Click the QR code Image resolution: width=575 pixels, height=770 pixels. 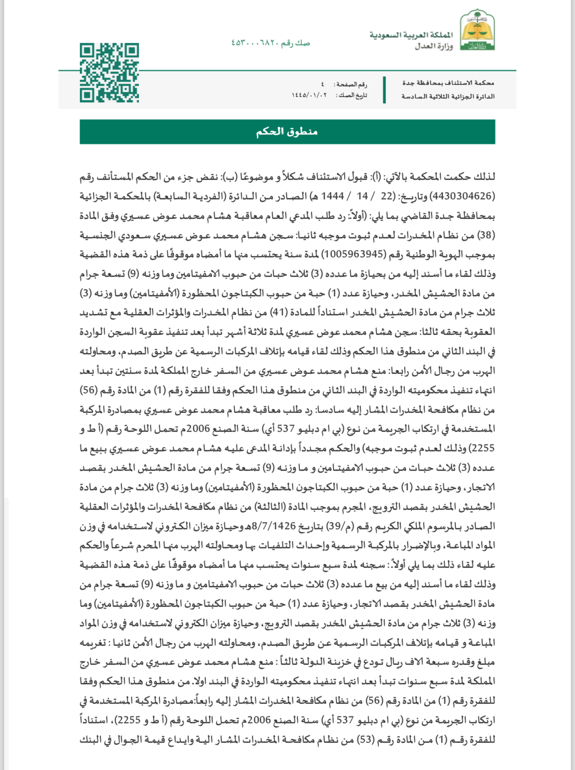109,73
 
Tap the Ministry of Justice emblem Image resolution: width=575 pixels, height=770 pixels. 477,31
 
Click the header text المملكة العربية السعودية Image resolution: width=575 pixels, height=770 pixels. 411,35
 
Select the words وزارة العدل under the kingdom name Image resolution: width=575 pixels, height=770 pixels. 434,46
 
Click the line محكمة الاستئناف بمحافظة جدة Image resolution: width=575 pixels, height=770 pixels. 448,83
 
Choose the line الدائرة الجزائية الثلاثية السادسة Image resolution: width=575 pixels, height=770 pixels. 448,96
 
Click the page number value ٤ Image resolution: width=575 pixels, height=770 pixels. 322,84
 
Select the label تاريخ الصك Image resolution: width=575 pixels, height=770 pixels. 352,96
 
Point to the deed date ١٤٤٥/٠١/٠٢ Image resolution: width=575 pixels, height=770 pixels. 309,96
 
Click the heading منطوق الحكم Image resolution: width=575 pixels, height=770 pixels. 287,132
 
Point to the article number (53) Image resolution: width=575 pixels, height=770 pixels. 363,740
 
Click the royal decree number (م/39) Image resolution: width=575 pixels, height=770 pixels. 342,526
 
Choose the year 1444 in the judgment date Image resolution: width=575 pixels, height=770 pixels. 333,196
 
